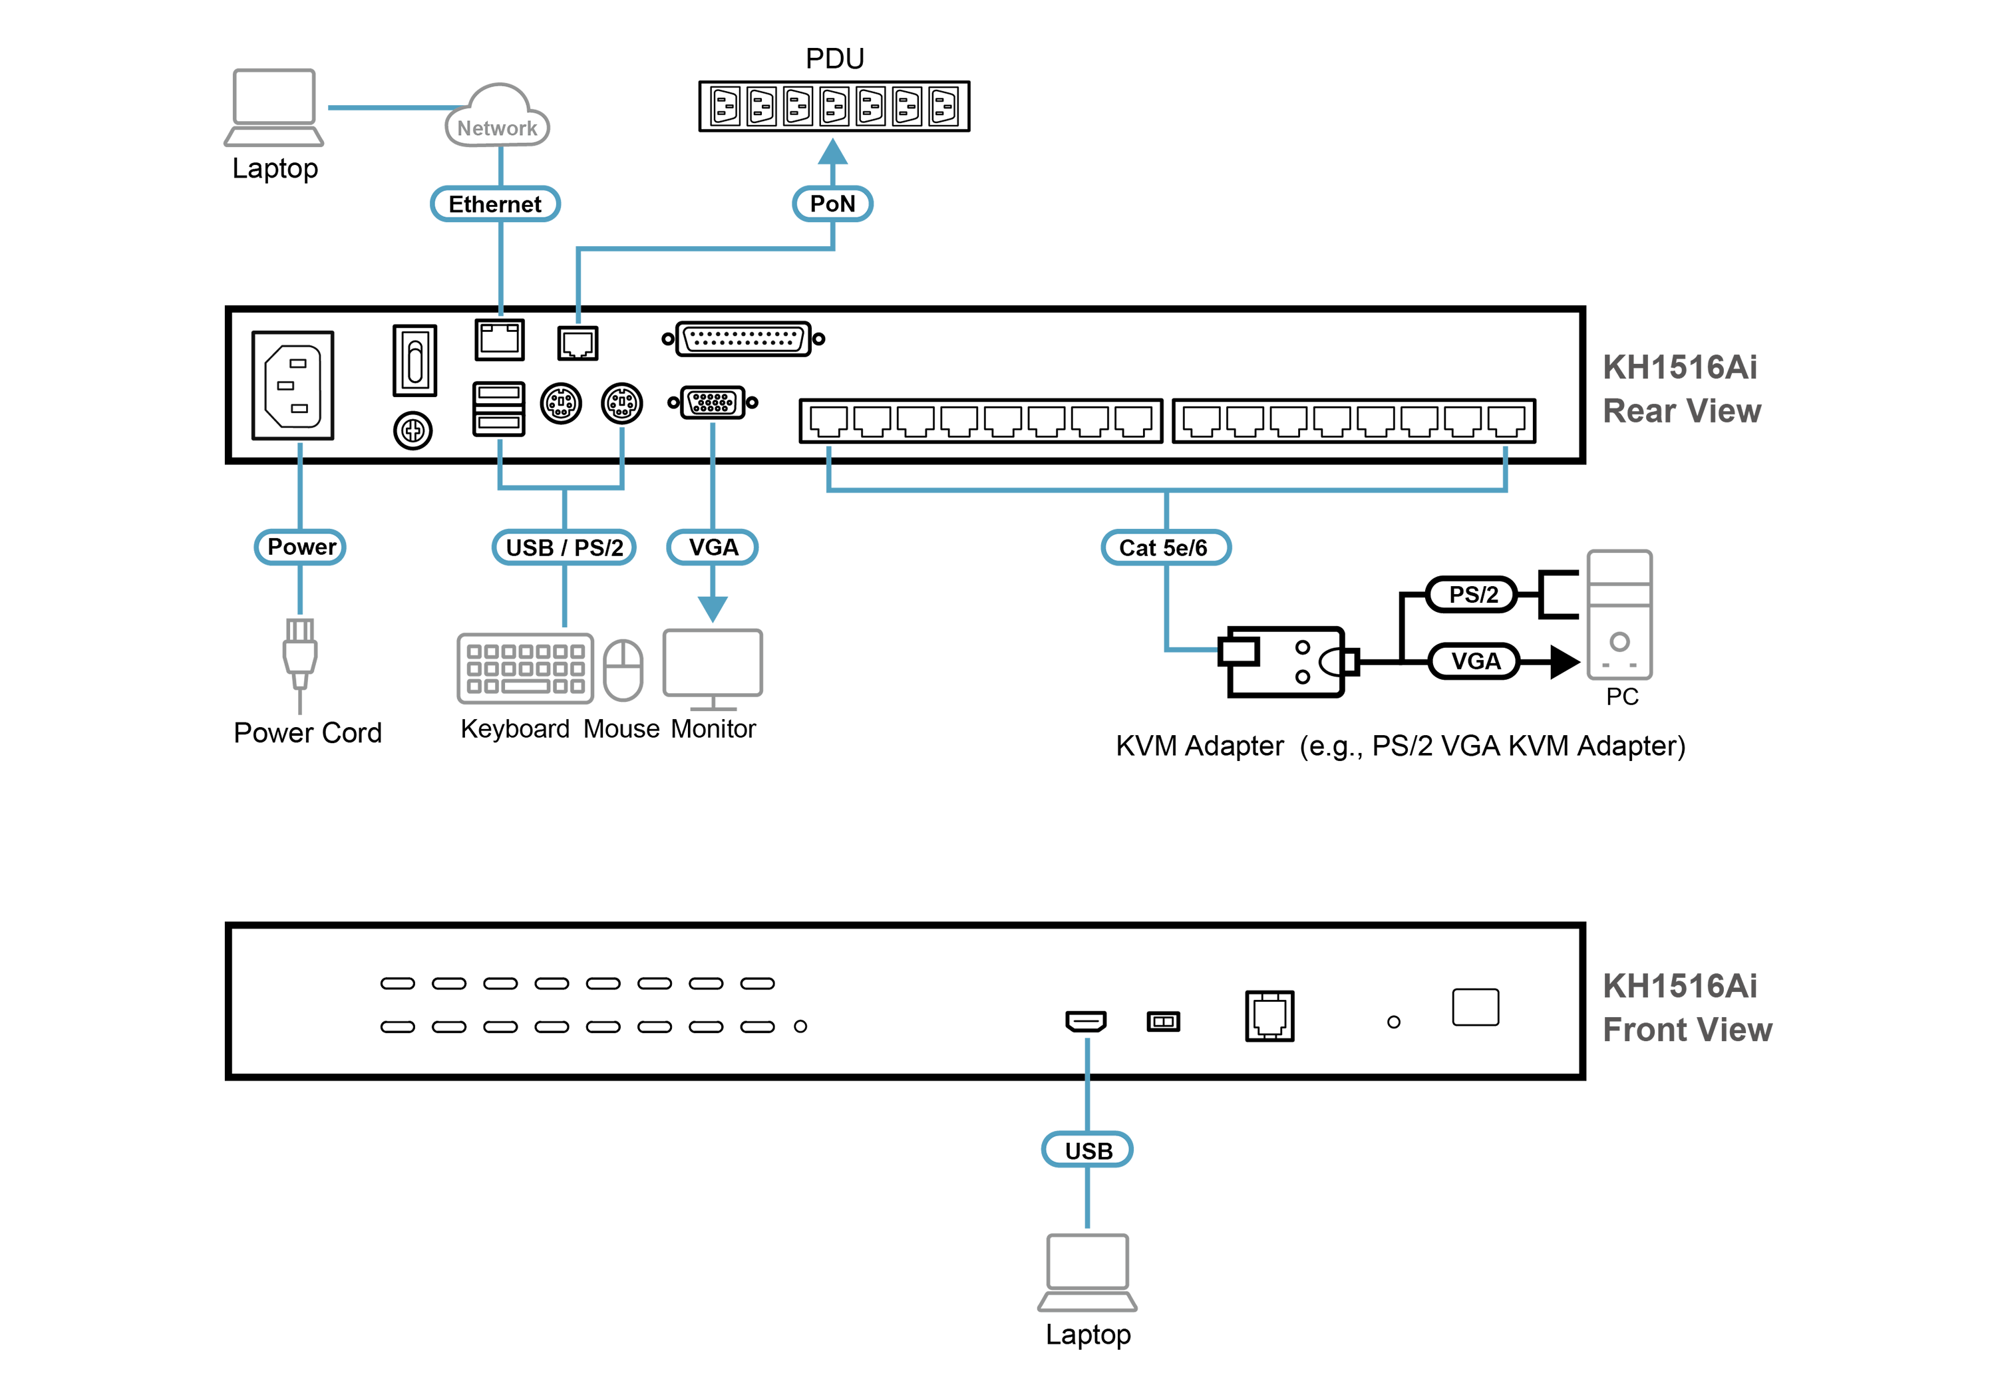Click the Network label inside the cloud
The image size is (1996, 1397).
(x=496, y=128)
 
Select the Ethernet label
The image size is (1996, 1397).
(x=494, y=204)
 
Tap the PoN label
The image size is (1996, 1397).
(x=832, y=204)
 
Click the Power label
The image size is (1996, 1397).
(x=301, y=547)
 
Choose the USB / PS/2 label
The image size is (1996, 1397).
(x=564, y=547)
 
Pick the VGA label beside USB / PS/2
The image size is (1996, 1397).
(x=713, y=547)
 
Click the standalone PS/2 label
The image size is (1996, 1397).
(x=1472, y=595)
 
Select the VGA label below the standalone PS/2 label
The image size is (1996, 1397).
(x=1474, y=661)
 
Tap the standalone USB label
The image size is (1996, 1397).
(x=1088, y=1151)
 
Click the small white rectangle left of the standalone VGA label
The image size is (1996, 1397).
(x=1238, y=652)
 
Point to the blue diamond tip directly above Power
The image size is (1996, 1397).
(x=300, y=450)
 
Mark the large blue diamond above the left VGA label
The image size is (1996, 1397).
(x=713, y=439)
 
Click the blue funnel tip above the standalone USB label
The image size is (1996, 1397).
(x=1088, y=1053)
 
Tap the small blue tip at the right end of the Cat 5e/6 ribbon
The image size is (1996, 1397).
(x=1505, y=452)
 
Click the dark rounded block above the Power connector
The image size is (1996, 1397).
(x=301, y=385)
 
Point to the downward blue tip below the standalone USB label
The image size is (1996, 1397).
(x=1088, y=1221)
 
